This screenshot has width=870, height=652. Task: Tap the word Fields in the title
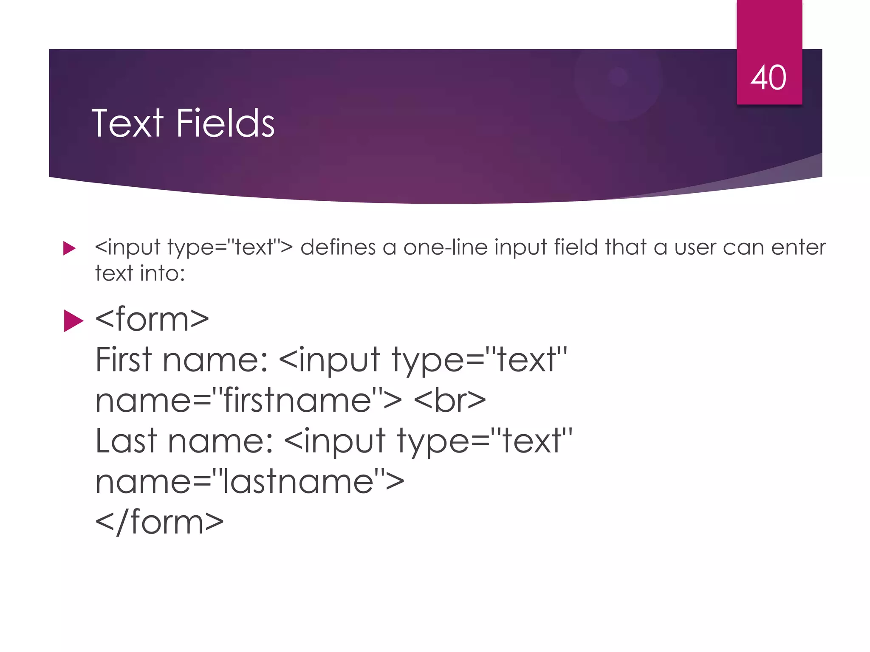pos(225,124)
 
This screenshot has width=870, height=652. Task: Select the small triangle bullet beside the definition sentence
pos(69,248)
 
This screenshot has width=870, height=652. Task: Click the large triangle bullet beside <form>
pos(73,320)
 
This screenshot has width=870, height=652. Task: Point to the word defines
pos(338,247)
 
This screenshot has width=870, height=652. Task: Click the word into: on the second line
pos(163,273)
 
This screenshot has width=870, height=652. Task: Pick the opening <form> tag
pos(152,319)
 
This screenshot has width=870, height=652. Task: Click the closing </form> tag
pos(159,522)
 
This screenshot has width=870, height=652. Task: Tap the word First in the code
pos(123,360)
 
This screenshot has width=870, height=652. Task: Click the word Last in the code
pos(126,441)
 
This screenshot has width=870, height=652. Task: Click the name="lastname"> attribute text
pos(250,482)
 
